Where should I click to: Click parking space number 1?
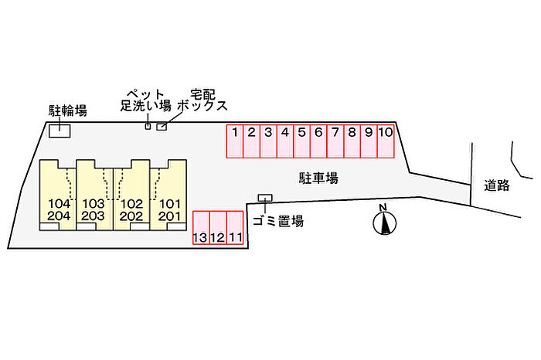coord(234,141)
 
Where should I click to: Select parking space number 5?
coord(302,141)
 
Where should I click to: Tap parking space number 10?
coord(387,141)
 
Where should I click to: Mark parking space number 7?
coord(335,141)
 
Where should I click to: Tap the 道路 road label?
coord(497,185)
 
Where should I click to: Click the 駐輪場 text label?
coord(68,110)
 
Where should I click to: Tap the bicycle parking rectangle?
coord(59,131)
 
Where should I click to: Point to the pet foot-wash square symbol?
coord(148,126)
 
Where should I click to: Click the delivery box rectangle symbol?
coord(162,127)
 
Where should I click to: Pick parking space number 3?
coord(268,141)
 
